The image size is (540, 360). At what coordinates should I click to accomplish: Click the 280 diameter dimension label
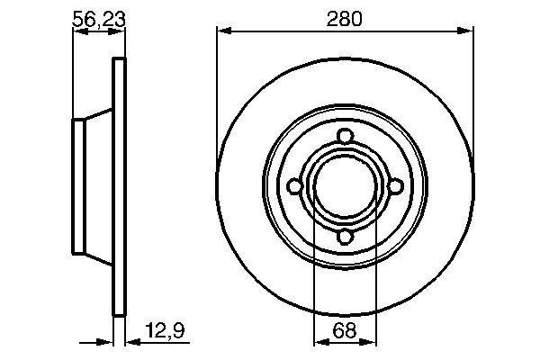point(344,19)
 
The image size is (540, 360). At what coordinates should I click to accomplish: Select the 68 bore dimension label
point(345,330)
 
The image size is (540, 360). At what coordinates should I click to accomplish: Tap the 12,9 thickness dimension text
point(165,330)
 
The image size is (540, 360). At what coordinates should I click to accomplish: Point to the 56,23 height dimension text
point(98,19)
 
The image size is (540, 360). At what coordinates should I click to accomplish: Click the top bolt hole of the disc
point(345,136)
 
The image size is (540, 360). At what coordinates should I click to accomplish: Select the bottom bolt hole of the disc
point(345,237)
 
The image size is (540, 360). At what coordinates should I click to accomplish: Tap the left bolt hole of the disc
point(294,186)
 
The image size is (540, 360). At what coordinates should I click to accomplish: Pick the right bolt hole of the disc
point(395,186)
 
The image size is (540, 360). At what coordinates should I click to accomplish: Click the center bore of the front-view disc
point(345,186)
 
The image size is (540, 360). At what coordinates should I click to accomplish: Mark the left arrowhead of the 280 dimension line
point(224,31)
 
